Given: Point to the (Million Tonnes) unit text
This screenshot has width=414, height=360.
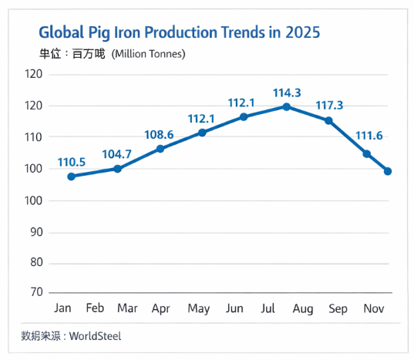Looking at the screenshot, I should (x=148, y=54).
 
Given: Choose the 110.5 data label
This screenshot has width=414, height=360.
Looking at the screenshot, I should (x=72, y=163).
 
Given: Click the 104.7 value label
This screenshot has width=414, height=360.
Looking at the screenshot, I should (x=117, y=153).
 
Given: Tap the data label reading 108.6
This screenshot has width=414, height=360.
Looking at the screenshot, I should (x=160, y=134).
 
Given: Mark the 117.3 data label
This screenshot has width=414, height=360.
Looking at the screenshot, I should (x=329, y=105).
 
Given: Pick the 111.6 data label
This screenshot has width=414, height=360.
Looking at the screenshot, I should (x=368, y=136).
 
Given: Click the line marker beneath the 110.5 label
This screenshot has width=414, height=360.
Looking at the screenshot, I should (x=72, y=177).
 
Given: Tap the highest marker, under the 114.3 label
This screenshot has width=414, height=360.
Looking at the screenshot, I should (x=287, y=106).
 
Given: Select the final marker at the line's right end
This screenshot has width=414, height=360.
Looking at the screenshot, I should (x=388, y=171).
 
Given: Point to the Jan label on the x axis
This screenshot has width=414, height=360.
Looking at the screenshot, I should (x=62, y=308).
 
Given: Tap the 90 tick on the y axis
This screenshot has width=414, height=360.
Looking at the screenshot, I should (x=34, y=232).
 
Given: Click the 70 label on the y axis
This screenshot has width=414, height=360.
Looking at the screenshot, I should (x=34, y=292).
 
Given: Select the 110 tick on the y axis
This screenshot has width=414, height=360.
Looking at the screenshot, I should (x=33, y=137).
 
